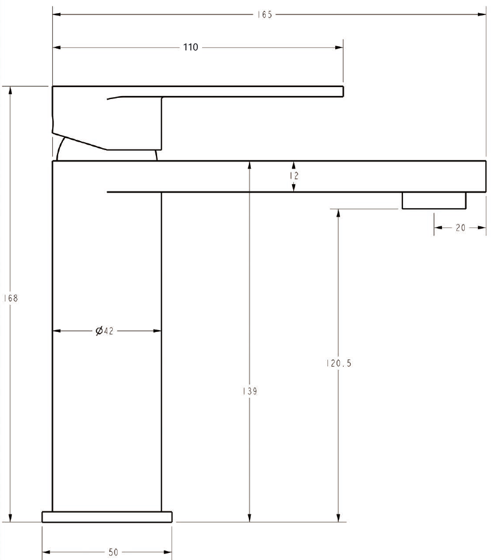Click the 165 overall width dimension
pyautogui.click(x=264, y=14)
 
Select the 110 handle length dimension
pyautogui.click(x=191, y=47)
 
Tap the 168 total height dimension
pyautogui.click(x=11, y=298)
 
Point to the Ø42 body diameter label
pyautogui.click(x=104, y=331)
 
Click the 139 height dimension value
pyautogui.click(x=249, y=391)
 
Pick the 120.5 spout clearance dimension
pyautogui.click(x=339, y=363)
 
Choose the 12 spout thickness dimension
pyautogui.click(x=294, y=176)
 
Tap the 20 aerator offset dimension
pyautogui.click(x=461, y=227)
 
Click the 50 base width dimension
pyautogui.click(x=113, y=552)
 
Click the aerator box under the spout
pyautogui.click(x=434, y=200)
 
